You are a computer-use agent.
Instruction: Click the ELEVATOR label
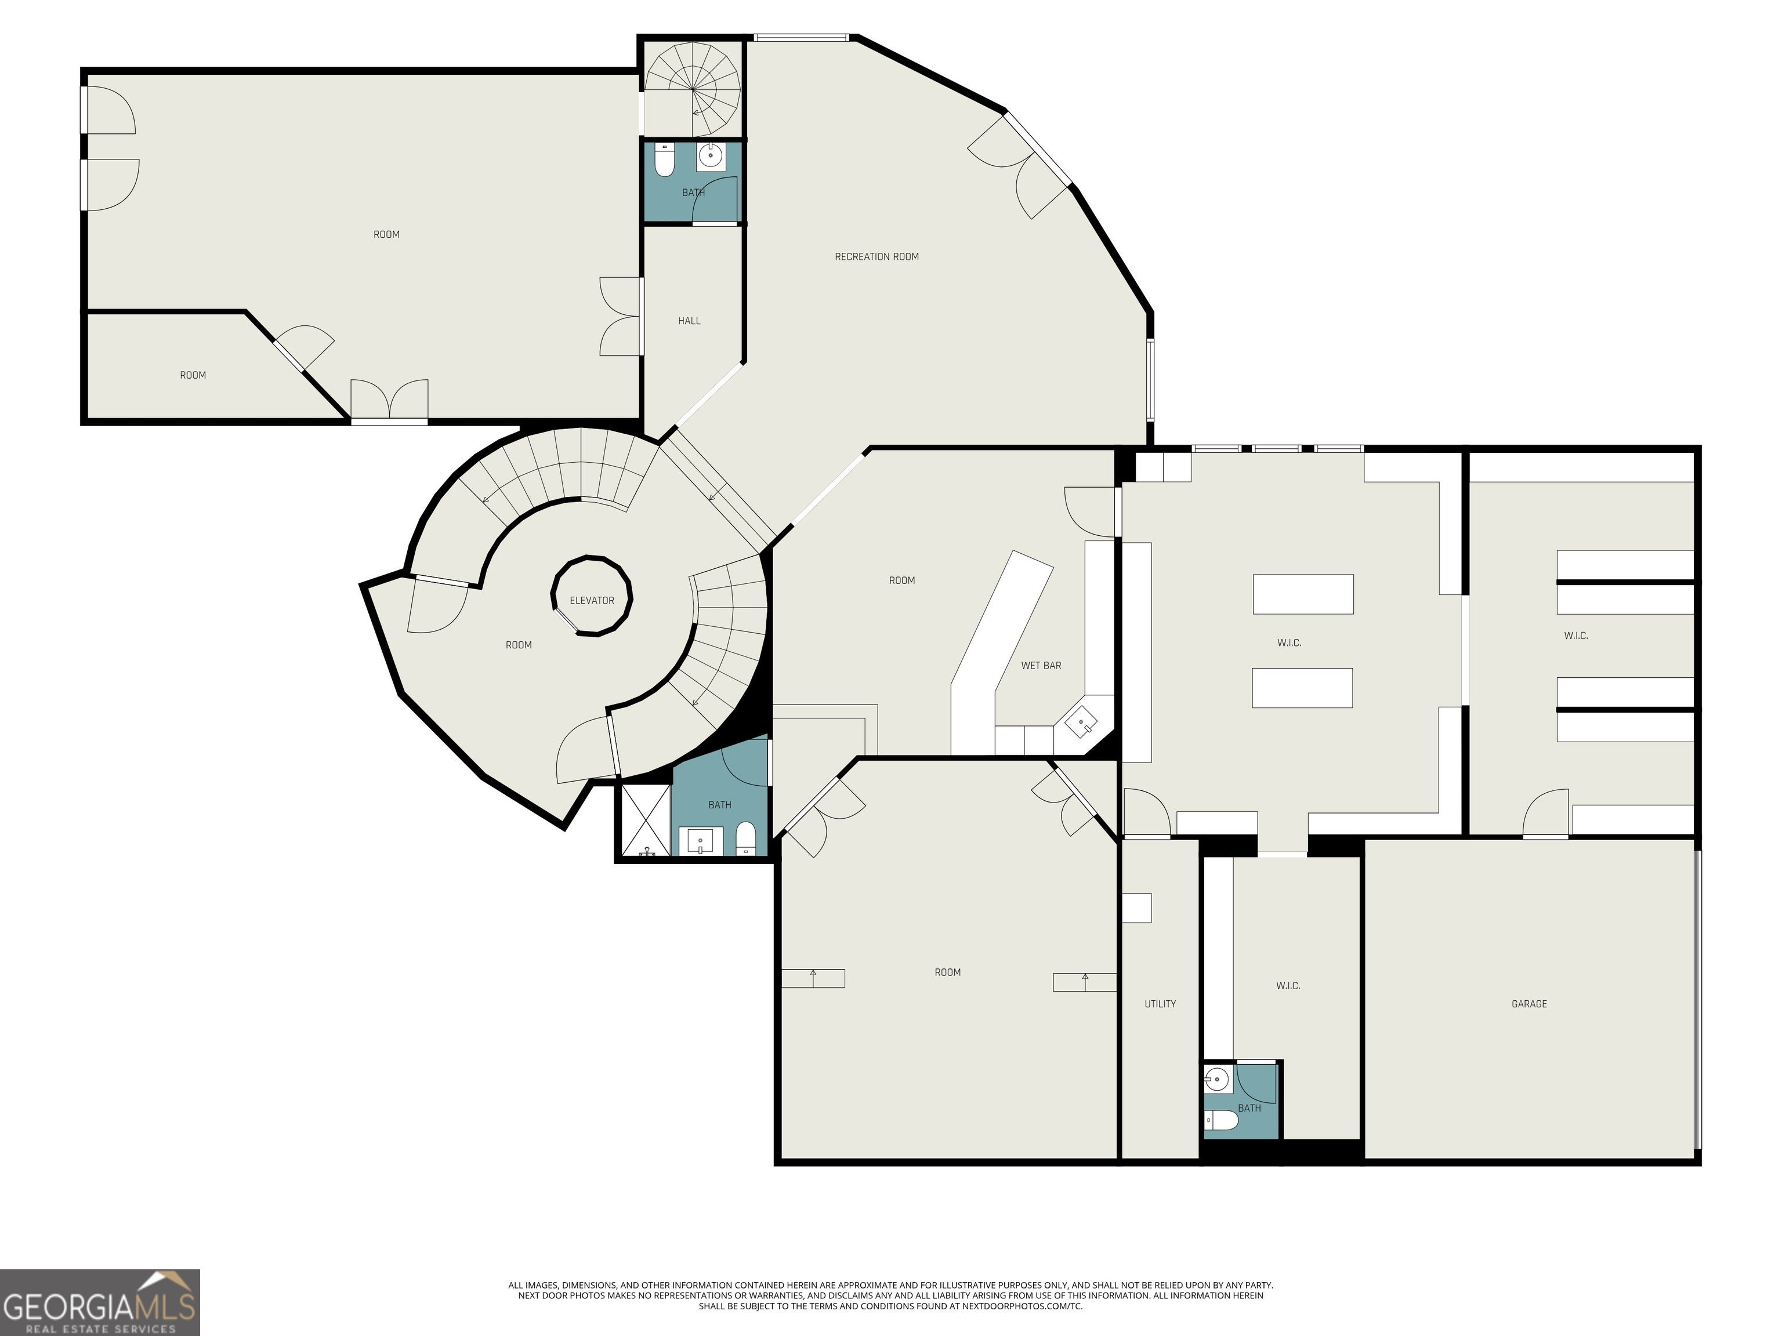point(592,601)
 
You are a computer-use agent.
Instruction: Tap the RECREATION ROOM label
point(876,257)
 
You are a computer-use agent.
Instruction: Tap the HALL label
point(689,321)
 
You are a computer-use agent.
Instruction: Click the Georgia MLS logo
point(99,1302)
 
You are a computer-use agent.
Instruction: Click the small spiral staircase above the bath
point(692,89)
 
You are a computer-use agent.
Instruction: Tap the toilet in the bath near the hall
point(665,161)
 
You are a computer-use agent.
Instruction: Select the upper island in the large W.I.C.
point(1303,594)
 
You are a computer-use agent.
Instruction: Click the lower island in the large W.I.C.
point(1302,688)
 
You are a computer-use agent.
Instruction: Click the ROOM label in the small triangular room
point(193,375)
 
